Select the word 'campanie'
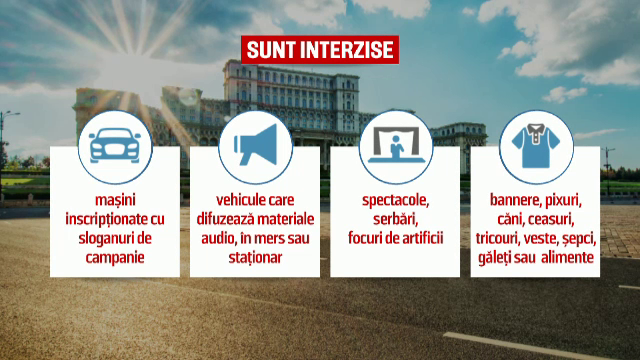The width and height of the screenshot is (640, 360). pyautogui.click(x=114, y=257)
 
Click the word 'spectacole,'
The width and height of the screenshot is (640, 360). pyautogui.click(x=395, y=200)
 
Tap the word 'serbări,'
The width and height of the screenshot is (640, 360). pyautogui.click(x=395, y=219)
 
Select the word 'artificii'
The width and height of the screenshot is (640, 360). pyautogui.click(x=421, y=238)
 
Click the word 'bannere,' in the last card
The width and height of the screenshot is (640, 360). pyautogui.click(x=515, y=200)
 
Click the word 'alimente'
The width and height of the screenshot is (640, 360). pyautogui.click(x=567, y=257)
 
